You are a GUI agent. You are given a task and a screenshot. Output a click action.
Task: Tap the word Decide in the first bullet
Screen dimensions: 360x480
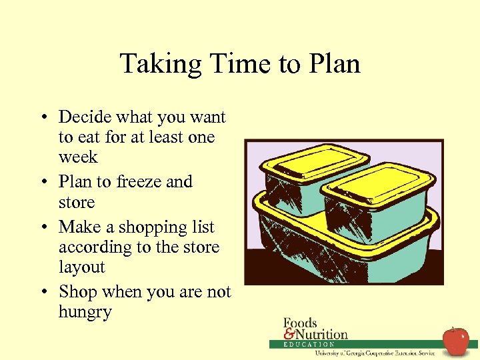(x=85, y=117)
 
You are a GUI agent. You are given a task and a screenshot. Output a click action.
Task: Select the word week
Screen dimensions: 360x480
(x=78, y=157)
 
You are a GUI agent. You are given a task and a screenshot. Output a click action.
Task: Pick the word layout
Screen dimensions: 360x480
(x=82, y=267)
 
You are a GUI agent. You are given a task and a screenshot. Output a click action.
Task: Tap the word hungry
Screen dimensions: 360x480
(x=85, y=312)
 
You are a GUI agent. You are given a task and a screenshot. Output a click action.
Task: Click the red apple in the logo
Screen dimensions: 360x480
(x=456, y=341)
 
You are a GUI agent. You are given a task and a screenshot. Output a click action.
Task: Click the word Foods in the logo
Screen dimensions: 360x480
(x=300, y=323)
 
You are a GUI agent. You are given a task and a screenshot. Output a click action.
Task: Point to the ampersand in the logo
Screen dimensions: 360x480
(x=289, y=334)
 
